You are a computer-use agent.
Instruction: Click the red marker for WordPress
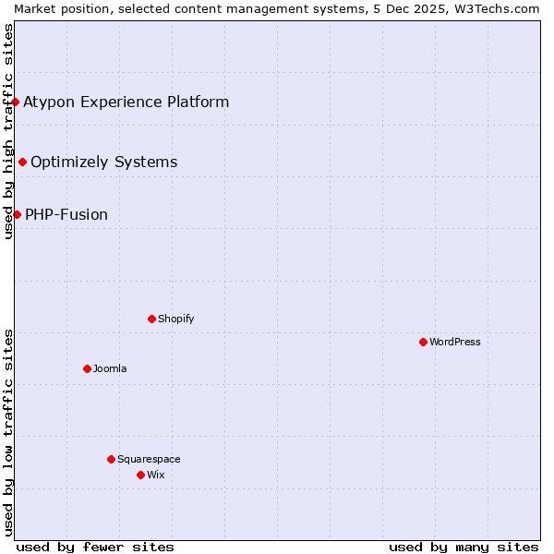point(423,342)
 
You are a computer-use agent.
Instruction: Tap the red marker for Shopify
point(151,319)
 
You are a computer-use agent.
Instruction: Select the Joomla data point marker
point(87,368)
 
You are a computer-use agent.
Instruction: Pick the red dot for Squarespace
point(111,459)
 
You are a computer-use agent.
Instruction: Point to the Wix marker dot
point(140,475)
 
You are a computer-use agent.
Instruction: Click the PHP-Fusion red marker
point(17,214)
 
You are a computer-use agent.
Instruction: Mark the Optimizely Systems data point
point(22,163)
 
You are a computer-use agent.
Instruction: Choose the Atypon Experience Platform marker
point(16,102)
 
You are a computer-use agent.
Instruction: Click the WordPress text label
point(455,342)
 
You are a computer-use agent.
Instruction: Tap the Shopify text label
point(175,319)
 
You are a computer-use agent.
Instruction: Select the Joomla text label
point(110,368)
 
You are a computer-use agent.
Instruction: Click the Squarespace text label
point(149,459)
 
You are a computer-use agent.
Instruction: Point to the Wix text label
point(155,475)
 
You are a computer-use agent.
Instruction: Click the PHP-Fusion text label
point(66,214)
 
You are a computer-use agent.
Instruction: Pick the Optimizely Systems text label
point(103,163)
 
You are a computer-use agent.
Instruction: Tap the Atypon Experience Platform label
point(126,102)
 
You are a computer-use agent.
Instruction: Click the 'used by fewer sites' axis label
point(95,547)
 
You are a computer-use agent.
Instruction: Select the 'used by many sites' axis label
point(464,547)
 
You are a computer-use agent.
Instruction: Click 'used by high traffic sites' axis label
point(8,131)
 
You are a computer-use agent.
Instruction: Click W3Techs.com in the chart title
point(496,8)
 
